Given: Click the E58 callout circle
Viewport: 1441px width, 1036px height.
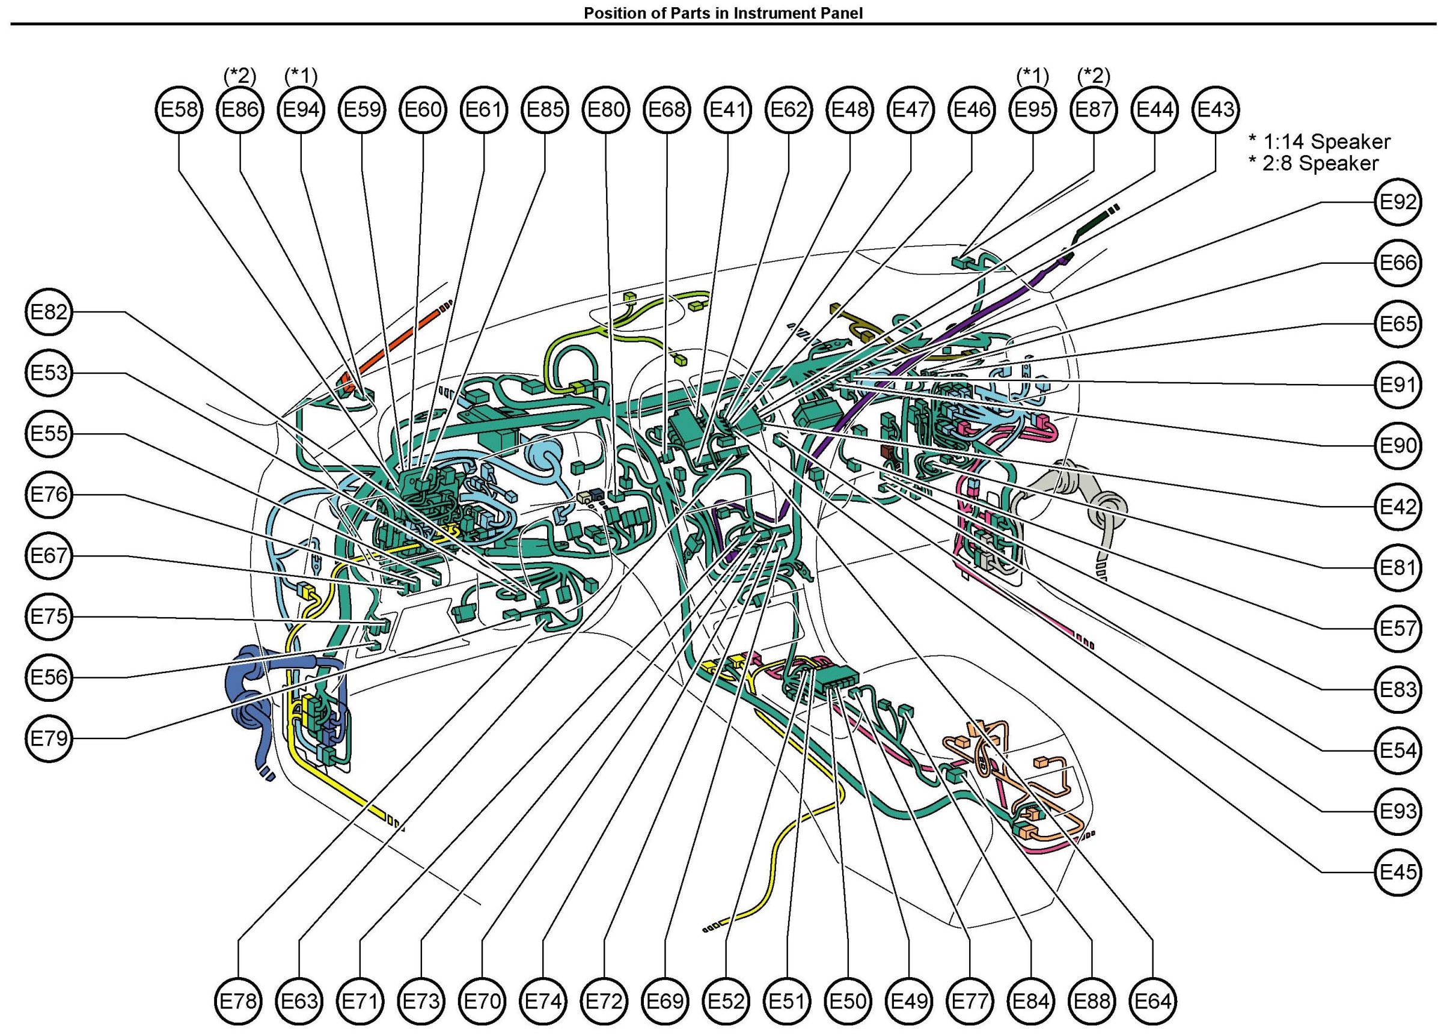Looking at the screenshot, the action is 179,110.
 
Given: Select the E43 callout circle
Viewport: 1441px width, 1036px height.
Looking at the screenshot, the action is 1216,110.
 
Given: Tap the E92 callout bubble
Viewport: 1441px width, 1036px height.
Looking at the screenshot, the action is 1398,202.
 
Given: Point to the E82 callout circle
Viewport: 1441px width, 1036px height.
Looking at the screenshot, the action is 49,312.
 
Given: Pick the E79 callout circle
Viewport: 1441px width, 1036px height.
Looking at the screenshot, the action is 49,738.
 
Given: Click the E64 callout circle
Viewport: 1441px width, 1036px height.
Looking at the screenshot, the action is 1153,1001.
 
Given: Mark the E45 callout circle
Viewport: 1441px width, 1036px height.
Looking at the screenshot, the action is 1398,871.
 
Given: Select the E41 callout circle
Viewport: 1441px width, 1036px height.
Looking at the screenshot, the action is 727,110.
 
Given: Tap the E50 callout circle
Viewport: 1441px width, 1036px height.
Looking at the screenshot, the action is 848,1001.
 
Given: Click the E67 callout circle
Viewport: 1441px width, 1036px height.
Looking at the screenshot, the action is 49,556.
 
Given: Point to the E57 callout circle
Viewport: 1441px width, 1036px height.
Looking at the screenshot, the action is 1398,628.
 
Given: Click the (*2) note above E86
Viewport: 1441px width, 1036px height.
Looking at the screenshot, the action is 240,76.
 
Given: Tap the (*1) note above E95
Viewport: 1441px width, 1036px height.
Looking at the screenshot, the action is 1032,76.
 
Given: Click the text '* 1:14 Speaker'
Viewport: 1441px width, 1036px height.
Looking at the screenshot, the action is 1319,141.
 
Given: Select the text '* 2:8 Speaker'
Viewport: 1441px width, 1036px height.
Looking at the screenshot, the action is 1314,163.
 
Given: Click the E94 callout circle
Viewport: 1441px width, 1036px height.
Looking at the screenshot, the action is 301,110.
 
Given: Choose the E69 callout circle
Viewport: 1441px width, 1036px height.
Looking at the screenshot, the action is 665,1001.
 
